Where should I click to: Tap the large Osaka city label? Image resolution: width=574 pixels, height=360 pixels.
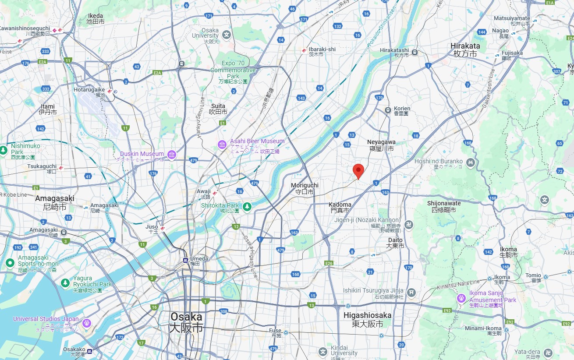(187, 322)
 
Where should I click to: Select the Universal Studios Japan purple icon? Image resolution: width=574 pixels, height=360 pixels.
(87, 323)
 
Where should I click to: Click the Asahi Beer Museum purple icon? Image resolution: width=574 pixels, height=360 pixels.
(222, 145)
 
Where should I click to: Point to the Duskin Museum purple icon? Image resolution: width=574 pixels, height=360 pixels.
(171, 154)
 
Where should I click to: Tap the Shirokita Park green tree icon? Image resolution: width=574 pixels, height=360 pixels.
(248, 206)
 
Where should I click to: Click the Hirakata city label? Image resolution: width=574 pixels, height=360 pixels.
(465, 49)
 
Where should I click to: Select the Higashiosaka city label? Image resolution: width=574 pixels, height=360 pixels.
(367, 320)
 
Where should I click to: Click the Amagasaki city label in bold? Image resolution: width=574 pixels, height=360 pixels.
(55, 202)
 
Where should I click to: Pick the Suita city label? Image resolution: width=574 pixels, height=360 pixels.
(218, 109)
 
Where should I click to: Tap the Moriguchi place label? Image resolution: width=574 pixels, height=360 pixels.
(305, 189)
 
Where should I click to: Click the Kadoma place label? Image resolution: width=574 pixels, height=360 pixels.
(340, 208)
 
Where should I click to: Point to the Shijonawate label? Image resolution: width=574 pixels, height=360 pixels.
(444, 206)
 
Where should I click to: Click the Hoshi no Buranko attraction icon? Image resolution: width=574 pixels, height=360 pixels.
(471, 163)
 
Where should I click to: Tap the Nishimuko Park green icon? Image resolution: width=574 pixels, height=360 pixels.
(4, 150)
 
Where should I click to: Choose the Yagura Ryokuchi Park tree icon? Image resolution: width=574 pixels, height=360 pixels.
(65, 282)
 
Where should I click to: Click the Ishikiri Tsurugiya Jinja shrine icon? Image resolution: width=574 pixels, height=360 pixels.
(411, 292)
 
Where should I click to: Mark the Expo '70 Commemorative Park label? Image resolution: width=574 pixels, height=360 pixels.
(233, 70)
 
